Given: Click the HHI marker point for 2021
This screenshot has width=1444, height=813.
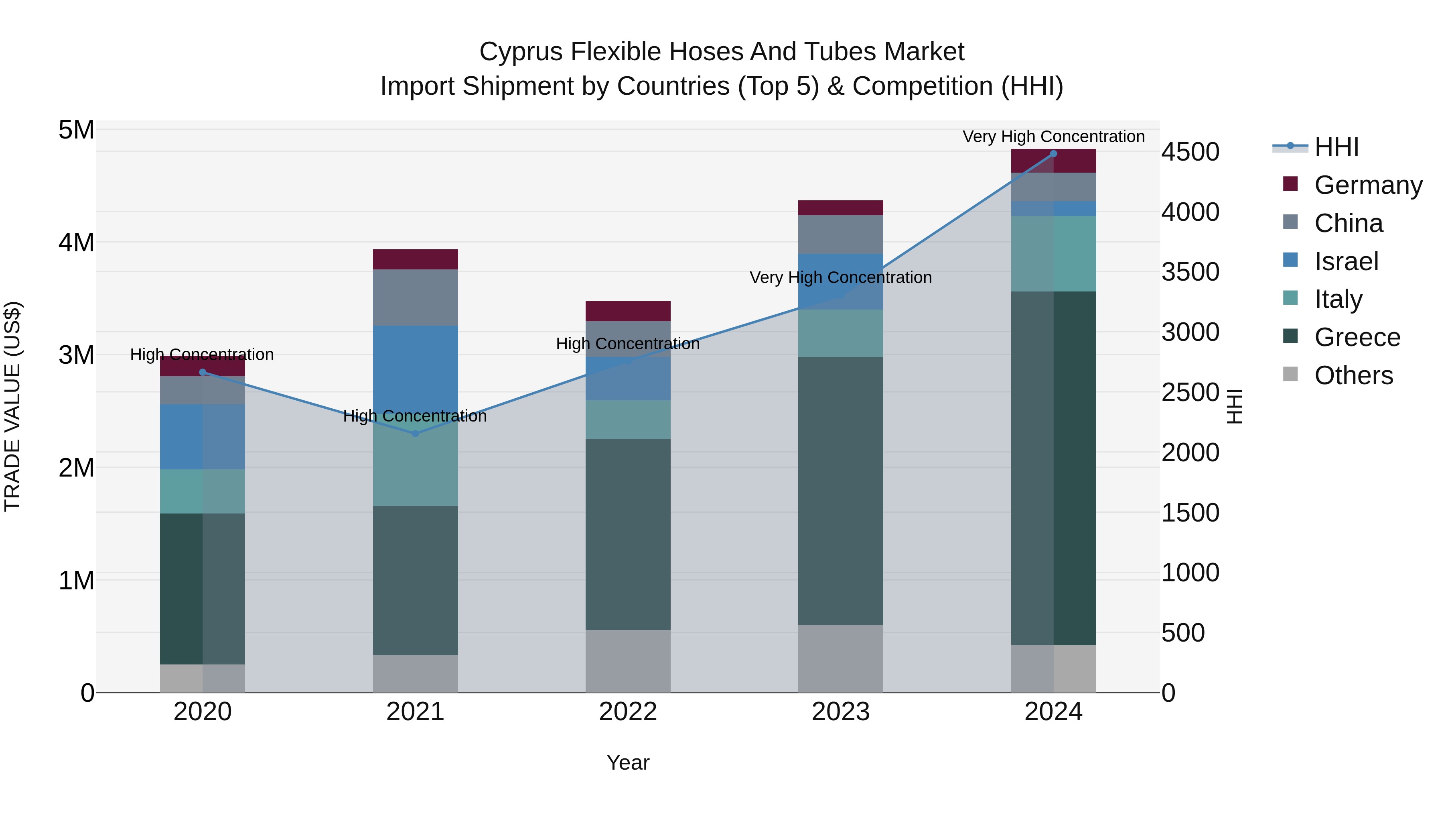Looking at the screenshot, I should (x=416, y=434).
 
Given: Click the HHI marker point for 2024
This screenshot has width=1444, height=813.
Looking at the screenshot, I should (x=1053, y=154).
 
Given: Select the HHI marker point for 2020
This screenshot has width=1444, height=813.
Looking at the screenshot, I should (x=203, y=373).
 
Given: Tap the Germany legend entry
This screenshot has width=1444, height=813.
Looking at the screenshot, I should (x=1368, y=185).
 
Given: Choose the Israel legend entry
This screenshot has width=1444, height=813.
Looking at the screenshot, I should (x=1346, y=261).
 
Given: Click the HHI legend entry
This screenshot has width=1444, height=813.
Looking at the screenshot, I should (x=1336, y=147).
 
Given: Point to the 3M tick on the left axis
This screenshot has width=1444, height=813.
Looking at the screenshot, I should (x=76, y=355).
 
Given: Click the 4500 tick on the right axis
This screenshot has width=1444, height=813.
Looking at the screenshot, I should (x=1190, y=152).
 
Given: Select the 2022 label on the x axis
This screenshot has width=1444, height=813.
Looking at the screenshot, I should (x=628, y=712).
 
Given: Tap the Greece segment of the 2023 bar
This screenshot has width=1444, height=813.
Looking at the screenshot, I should (x=840, y=491).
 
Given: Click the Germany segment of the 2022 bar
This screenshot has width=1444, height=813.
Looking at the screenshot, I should (x=628, y=311).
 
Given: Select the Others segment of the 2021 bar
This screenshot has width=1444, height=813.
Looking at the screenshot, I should (x=416, y=673).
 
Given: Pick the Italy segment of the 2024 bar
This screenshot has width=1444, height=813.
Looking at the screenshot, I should (x=1053, y=254).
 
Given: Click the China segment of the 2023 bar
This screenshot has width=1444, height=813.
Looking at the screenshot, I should (x=840, y=234).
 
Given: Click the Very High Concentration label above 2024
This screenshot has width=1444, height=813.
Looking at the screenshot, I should (x=1053, y=137).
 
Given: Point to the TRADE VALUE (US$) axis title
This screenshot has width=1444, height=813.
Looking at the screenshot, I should (x=12, y=406).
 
